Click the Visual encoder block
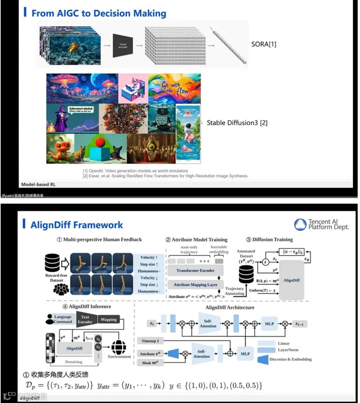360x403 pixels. coord(123,45)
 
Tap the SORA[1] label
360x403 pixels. coord(264,44)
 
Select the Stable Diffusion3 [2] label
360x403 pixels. coord(237,123)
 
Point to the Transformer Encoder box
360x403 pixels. coord(195,271)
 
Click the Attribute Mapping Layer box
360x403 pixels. coord(195,285)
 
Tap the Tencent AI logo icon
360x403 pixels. coord(300,225)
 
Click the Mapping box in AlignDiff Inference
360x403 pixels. coord(109,319)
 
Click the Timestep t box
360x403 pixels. coord(150,341)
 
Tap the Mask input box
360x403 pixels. coord(150,363)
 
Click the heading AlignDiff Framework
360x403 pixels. coord(77,225)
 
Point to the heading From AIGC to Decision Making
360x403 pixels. coord(99,13)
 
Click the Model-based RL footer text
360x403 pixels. coord(38,184)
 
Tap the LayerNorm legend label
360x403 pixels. coord(288,350)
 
